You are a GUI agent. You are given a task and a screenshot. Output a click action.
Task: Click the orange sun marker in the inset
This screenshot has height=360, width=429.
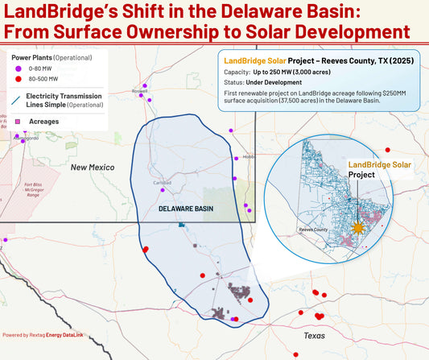355,227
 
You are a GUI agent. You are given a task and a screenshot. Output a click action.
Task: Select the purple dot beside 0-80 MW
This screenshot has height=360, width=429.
18,70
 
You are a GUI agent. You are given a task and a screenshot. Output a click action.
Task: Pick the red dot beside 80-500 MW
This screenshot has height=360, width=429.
18,80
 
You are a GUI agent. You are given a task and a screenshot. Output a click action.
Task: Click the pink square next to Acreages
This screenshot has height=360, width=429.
18,121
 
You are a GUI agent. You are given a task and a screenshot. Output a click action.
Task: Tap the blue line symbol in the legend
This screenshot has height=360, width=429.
18,100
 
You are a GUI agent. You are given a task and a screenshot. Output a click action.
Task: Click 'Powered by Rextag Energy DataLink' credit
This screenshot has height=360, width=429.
48,334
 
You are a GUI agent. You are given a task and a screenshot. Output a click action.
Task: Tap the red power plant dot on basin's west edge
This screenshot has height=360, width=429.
146,250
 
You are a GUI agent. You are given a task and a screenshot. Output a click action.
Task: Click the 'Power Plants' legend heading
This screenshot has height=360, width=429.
31,58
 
